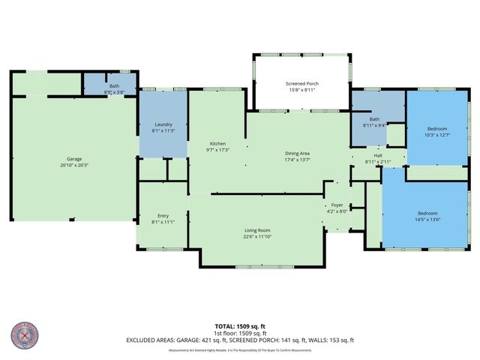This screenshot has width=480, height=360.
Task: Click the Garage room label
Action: click(x=74, y=159)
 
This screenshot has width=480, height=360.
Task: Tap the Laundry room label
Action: click(x=163, y=125)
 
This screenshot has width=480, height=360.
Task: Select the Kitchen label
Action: click(x=217, y=144)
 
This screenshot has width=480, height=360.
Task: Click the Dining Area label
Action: click(x=297, y=154)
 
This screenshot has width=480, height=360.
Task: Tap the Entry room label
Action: click(x=163, y=216)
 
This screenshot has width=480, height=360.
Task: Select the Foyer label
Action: click(x=337, y=205)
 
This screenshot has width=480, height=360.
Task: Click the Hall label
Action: click(x=378, y=156)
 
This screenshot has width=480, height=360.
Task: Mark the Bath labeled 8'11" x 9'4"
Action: click(x=373, y=119)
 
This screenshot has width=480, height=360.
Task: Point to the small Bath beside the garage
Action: click(x=114, y=86)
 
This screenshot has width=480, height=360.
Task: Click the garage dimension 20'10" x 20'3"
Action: click(x=74, y=165)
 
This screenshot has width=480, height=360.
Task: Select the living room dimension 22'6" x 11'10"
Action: click(x=256, y=237)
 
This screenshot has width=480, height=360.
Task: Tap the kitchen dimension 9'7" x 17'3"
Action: click(x=217, y=150)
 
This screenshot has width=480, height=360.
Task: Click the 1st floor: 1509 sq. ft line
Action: click(x=239, y=334)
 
